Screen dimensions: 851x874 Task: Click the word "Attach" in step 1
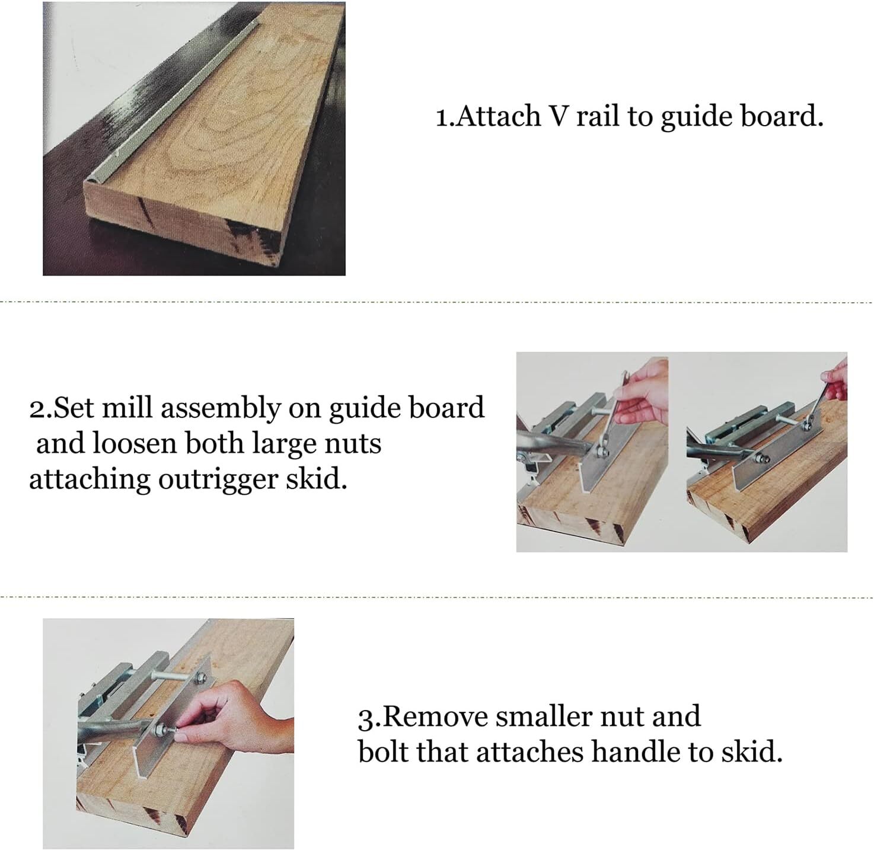point(499,116)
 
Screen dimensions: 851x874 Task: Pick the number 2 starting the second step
point(37,409)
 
